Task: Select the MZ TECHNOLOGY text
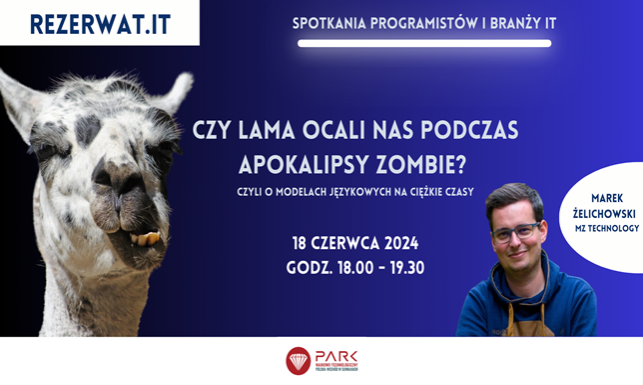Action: click(x=607, y=229)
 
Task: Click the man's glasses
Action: click(x=514, y=232)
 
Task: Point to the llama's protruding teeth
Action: click(x=146, y=238)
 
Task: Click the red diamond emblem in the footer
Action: click(x=298, y=360)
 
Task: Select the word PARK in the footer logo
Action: click(x=335, y=356)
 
